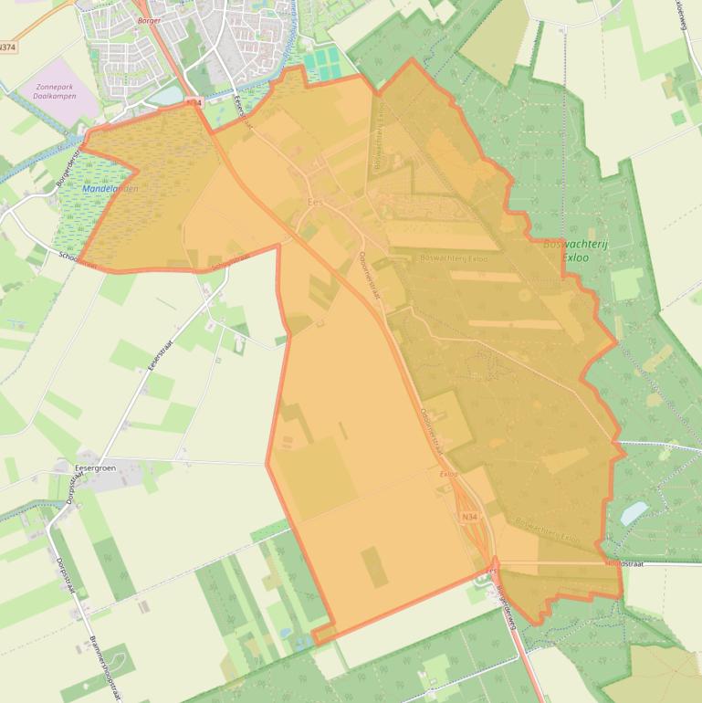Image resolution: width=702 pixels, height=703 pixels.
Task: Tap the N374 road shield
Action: tap(8, 47)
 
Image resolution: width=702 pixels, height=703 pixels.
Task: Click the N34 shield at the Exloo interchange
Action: tap(469, 518)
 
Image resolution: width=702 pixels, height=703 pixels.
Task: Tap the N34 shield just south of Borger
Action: tap(194, 103)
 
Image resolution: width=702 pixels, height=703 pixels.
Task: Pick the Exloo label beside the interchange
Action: tap(447, 475)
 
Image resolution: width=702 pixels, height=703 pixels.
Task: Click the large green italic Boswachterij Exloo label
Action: tap(575, 251)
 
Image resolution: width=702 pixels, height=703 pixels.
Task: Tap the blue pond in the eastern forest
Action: tap(634, 513)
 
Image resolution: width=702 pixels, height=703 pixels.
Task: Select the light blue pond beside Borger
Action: tap(165, 95)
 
